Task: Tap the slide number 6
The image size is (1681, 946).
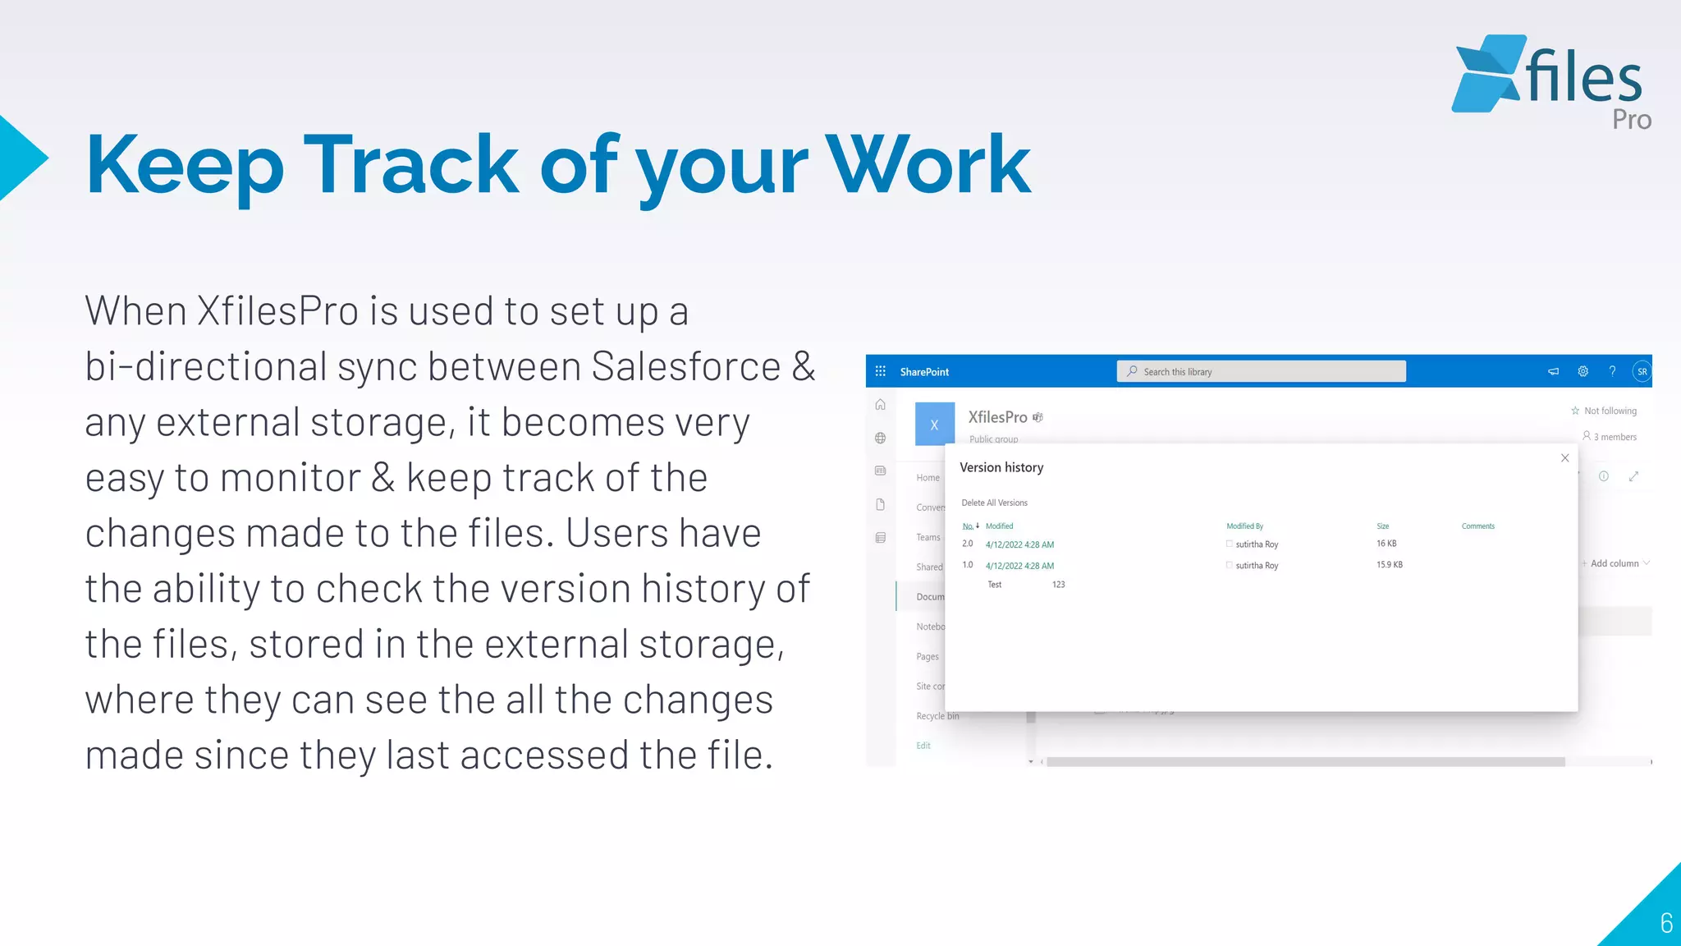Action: coord(1665,923)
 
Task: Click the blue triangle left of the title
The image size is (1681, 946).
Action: coord(21,158)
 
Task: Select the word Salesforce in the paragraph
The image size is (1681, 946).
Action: coord(685,366)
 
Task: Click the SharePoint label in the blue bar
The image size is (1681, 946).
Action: coord(924,372)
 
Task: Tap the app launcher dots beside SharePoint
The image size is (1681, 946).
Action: coord(880,371)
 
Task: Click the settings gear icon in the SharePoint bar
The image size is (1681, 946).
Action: coord(1583,371)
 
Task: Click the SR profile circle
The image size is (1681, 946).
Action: coord(1642,371)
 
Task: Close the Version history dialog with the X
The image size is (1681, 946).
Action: coord(1564,458)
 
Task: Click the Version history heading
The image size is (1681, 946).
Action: coord(1001,467)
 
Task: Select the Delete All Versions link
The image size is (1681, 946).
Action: coord(994,503)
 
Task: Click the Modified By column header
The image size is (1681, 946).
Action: coord(1244,526)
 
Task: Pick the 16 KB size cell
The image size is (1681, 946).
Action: coord(1386,544)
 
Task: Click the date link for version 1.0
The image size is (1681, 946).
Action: coord(1019,566)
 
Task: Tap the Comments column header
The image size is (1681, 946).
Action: coord(1477,526)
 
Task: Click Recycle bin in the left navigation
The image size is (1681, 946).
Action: coord(937,716)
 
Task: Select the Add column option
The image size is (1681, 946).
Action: coord(1614,563)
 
